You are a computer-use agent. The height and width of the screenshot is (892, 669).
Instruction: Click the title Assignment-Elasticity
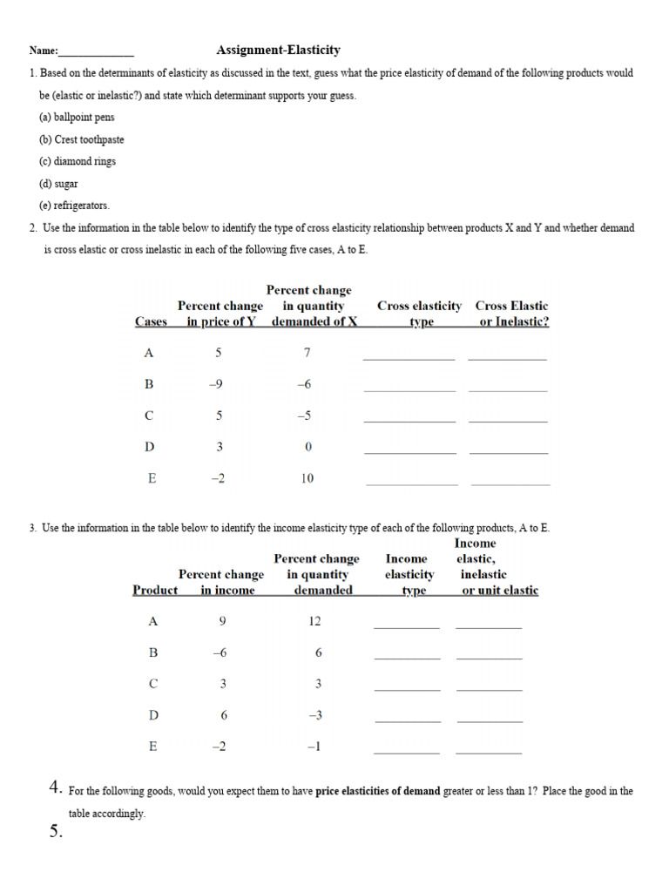click(x=278, y=51)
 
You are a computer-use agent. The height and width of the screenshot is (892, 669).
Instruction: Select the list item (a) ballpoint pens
click(x=77, y=118)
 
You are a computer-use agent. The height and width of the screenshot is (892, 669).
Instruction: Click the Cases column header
click(x=151, y=321)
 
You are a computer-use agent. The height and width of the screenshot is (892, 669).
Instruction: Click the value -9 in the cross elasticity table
click(x=219, y=384)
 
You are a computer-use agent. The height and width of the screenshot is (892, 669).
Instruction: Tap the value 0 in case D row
click(x=307, y=447)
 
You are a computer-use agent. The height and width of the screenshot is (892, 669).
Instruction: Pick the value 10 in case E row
click(x=307, y=478)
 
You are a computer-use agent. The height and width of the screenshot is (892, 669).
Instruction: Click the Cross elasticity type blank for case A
click(x=409, y=357)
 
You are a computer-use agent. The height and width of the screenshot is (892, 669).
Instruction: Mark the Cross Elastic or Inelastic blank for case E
click(x=510, y=483)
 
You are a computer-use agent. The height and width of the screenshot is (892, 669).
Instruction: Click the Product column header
click(x=155, y=590)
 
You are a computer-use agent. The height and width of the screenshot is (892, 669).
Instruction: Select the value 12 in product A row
click(x=315, y=621)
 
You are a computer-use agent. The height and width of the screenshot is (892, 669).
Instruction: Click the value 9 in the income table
click(x=223, y=621)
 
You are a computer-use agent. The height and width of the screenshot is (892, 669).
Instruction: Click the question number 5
click(x=57, y=832)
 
